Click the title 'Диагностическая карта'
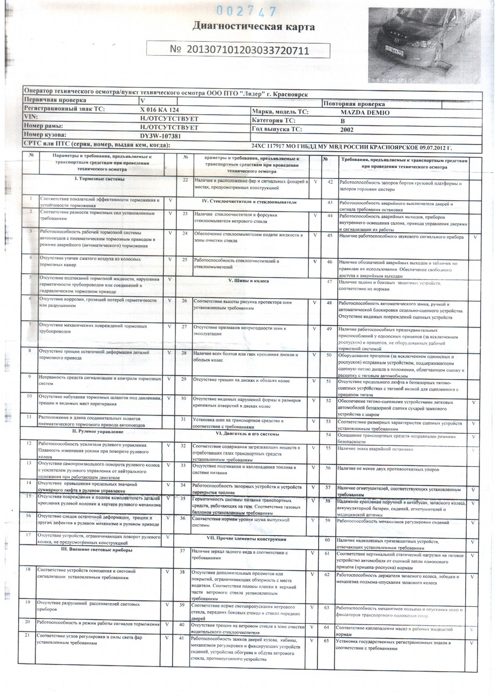tap(253, 27)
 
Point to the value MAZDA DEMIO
tap(365, 112)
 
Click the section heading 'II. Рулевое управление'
tap(97, 431)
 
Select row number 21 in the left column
tap(27, 636)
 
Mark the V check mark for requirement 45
tap(474, 237)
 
